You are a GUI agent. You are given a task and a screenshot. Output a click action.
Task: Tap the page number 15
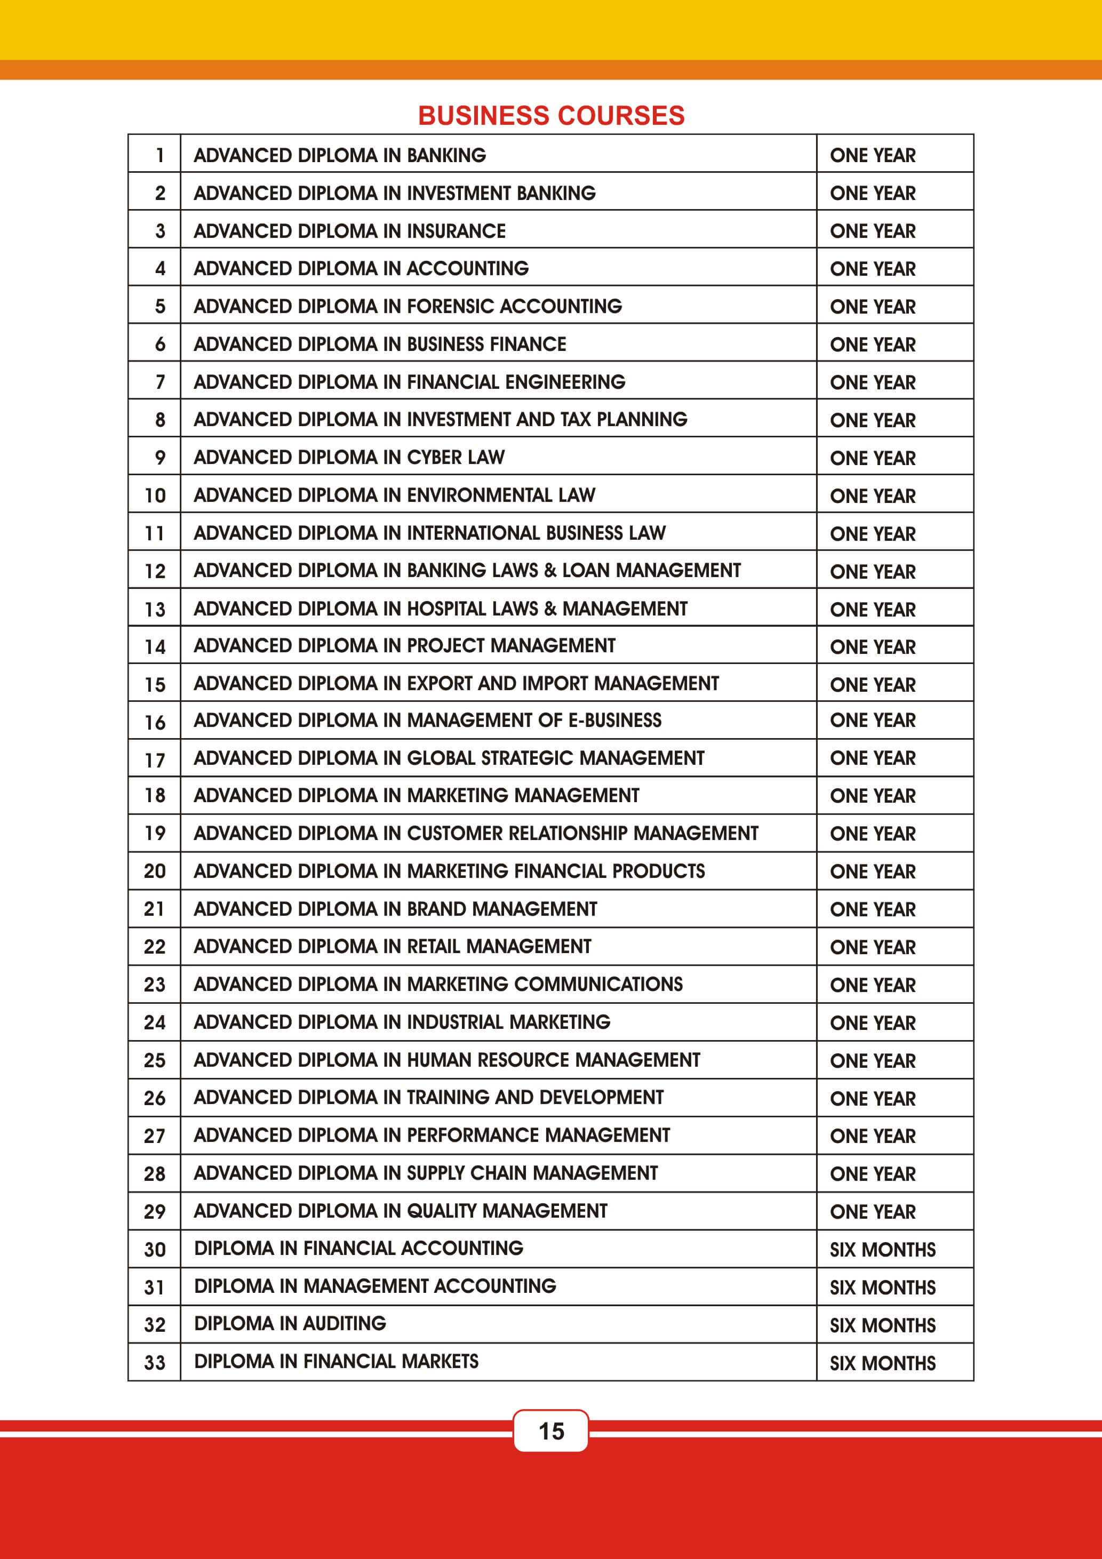coord(550,1430)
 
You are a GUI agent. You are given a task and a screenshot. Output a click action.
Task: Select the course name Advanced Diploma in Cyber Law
coord(349,457)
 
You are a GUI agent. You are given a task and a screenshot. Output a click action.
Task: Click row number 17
coord(155,760)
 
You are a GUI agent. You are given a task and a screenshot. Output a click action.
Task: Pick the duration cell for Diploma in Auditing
coord(882,1325)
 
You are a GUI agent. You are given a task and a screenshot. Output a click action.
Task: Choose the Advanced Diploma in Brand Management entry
coord(395,908)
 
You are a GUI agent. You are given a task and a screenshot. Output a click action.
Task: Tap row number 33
coord(155,1363)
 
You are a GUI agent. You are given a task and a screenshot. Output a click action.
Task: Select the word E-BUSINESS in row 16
coord(614,719)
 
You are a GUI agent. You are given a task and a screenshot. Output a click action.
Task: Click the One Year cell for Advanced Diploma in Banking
coord(873,156)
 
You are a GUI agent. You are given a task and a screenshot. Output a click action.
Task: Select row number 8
coord(159,420)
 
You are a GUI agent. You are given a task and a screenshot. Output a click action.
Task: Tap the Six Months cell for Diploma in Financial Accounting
coord(882,1249)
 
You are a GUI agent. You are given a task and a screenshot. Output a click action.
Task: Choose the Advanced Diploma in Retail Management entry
coord(393,946)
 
